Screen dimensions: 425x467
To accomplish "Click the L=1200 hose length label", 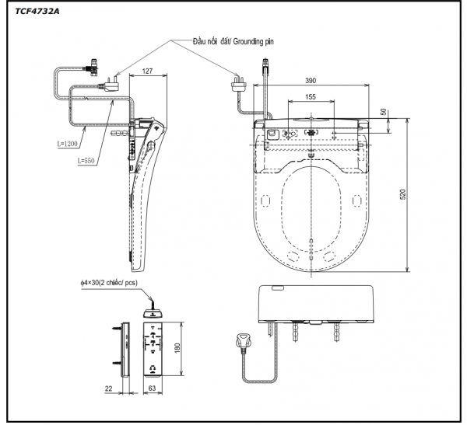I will [69, 143].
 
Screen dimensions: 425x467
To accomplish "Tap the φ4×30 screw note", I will [108, 282].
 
